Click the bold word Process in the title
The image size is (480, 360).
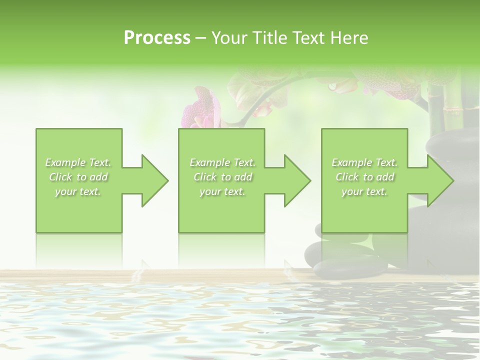[x=157, y=38]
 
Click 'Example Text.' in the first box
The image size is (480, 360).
[x=78, y=162]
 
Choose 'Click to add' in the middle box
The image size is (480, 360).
[x=222, y=177]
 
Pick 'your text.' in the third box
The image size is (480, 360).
[x=364, y=191]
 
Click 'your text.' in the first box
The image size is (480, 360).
[x=78, y=191]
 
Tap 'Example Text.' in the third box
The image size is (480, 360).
[x=364, y=162]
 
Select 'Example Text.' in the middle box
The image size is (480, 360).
[x=222, y=162]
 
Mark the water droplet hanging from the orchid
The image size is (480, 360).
[x=332, y=87]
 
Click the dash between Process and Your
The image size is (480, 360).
[x=201, y=38]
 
